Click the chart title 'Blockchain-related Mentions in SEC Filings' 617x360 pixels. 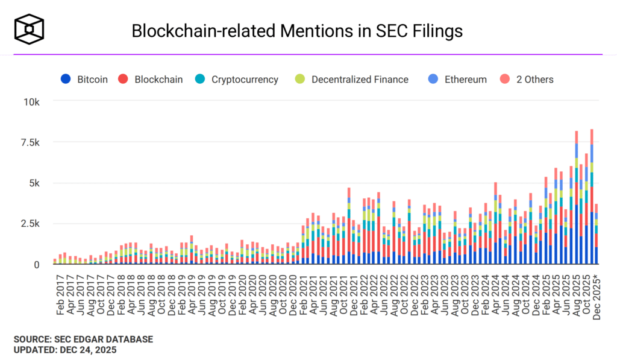[297, 31]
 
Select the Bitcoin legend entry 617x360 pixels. [84, 79]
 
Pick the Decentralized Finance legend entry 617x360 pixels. [352, 79]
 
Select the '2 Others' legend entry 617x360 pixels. [527, 79]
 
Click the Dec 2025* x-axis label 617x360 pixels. [597, 295]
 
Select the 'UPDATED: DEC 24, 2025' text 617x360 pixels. [65, 349]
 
